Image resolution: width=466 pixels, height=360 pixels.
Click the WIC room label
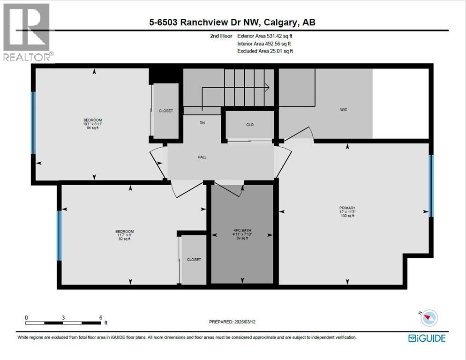point(344,110)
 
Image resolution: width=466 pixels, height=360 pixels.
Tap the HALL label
point(202,157)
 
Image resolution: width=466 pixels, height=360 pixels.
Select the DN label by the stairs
point(202,123)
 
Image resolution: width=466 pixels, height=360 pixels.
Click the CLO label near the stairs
point(250,125)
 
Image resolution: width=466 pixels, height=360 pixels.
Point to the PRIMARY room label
point(347,208)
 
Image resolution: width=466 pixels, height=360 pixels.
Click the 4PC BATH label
point(242,230)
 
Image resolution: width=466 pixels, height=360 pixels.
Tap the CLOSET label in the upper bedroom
point(166,111)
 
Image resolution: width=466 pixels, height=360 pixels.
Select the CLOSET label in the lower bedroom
point(194,259)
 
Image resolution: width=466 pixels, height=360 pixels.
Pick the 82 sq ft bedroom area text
point(124,239)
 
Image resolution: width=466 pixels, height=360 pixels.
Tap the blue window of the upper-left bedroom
point(33,122)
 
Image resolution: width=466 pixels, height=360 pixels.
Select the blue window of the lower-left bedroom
point(59,235)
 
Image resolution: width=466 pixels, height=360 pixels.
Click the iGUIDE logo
point(427,337)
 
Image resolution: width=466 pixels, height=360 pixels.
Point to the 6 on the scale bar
point(101,317)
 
